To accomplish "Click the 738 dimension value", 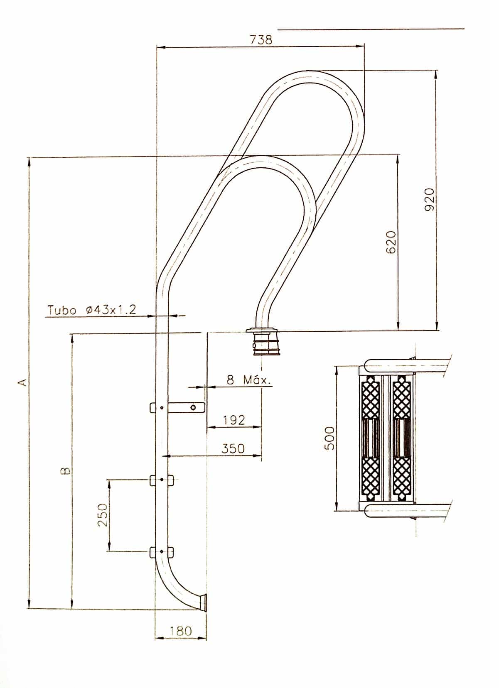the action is pos(261,40).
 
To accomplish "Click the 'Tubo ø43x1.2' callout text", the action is pos(91,310).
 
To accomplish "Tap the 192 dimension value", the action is pos(234,420).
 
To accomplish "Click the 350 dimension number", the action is pos(233,449).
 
